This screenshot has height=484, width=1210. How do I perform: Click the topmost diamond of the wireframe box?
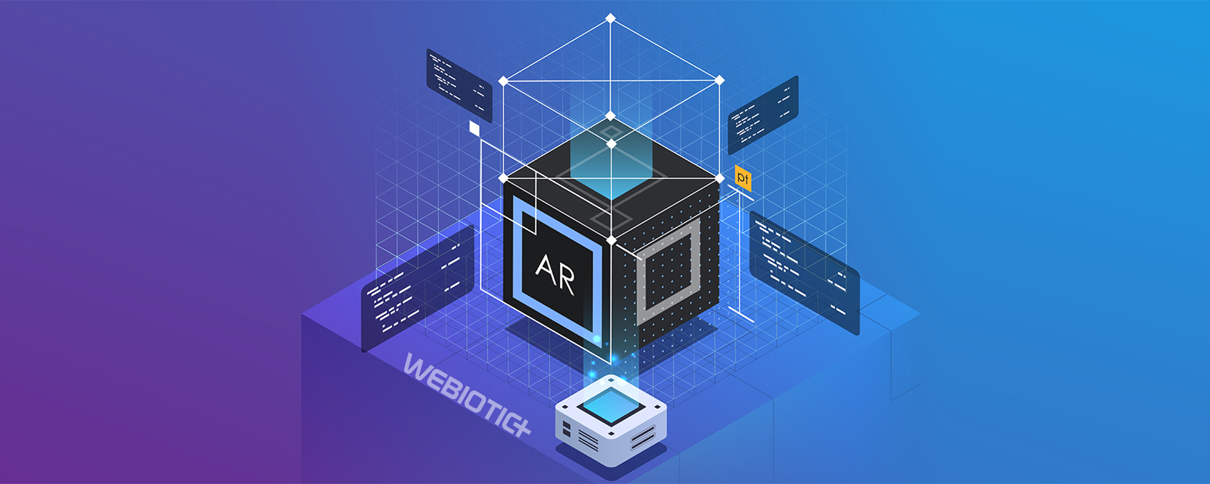click(x=610, y=18)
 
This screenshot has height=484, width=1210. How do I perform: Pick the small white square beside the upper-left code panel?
click(x=474, y=128)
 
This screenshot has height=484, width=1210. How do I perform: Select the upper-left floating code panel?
click(x=459, y=85)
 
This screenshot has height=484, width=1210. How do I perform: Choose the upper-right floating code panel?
click(x=763, y=115)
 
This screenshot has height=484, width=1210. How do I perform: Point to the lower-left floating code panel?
click(x=417, y=288)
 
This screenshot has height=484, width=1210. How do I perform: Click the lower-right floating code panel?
click(x=804, y=272)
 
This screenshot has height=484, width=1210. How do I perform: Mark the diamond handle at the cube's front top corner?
click(x=611, y=241)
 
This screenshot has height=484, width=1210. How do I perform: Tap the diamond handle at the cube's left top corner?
click(x=503, y=178)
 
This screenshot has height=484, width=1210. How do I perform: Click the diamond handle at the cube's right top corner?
click(x=719, y=178)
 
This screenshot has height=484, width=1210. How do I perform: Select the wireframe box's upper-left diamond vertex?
click(x=503, y=80)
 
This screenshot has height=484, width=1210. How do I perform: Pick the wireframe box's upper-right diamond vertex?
click(x=719, y=80)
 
